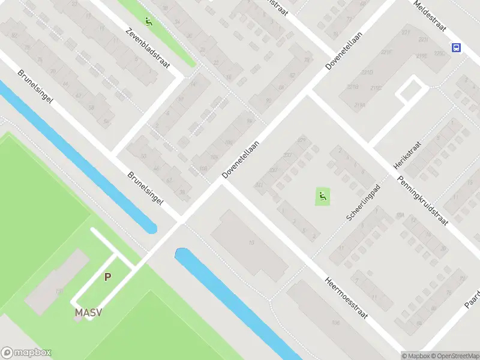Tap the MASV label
click(x=88, y=313)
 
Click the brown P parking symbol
click(x=107, y=277)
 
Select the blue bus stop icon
click(x=457, y=48)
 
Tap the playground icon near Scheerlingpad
click(x=323, y=195)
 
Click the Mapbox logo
click(x=25, y=353)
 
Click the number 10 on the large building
click(x=251, y=243)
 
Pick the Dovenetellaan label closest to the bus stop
click(x=338, y=51)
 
